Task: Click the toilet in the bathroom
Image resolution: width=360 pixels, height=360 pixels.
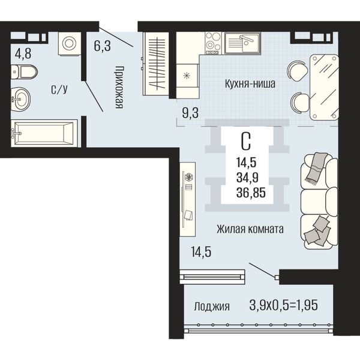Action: coord(24,72)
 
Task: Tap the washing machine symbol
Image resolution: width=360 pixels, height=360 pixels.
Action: coord(70,44)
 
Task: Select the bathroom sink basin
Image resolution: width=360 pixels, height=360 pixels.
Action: coord(20,99)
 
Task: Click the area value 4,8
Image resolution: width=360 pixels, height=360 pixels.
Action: coord(23,53)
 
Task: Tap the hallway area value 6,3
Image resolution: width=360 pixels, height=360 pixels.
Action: coord(102,46)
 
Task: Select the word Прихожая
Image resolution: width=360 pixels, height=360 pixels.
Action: coord(119,87)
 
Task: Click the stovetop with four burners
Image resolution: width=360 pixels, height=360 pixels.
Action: coord(213,43)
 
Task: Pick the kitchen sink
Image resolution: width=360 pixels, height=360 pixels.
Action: coord(242,43)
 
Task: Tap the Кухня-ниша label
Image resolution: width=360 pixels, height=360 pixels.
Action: coord(250,84)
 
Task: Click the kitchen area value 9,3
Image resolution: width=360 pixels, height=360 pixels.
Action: coord(190,113)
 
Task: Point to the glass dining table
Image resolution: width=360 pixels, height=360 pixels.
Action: coord(324,87)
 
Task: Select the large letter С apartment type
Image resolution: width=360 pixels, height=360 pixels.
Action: coord(246,142)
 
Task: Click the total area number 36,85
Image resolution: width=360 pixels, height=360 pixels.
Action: coord(251,193)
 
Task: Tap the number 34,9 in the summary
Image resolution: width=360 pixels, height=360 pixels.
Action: coord(247,178)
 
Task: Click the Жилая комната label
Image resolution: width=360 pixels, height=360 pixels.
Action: coord(250,229)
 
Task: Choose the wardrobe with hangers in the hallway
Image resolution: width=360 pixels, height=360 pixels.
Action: coord(156,64)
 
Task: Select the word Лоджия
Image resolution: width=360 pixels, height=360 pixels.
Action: coord(212,306)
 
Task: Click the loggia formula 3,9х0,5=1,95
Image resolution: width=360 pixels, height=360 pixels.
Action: coord(284,305)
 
